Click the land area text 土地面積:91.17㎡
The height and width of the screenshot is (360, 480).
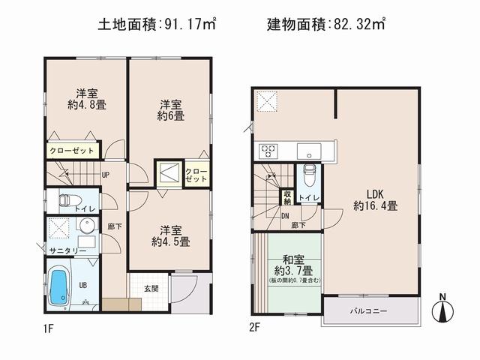tap(157, 24)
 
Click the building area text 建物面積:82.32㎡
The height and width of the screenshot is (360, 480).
tap(326, 24)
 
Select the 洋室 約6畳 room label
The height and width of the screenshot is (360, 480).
tap(171, 110)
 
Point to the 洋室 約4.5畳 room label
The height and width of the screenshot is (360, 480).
tap(170, 235)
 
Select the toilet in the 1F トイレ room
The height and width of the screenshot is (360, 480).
tap(66, 200)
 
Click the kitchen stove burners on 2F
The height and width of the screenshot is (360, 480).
tap(268, 149)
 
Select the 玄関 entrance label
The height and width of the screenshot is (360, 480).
tap(151, 287)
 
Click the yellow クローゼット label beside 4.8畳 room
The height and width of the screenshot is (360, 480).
tap(72, 151)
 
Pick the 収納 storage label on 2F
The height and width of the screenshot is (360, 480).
tap(287, 196)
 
